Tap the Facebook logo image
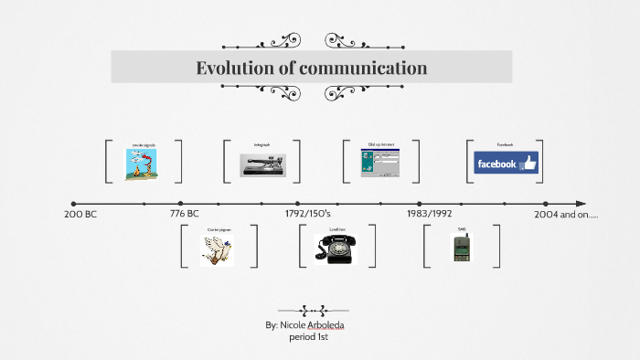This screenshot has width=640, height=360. point(506,164)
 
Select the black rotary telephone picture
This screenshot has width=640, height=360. point(335,249)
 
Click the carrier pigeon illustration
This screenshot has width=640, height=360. point(217,249)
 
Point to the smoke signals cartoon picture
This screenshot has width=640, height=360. point(144,164)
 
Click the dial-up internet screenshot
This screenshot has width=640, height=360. point(380,164)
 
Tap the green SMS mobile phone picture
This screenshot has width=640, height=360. point(461,249)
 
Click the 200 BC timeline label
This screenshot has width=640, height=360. point(80,214)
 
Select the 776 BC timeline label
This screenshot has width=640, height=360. point(185,214)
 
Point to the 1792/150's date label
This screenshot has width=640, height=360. point(308,214)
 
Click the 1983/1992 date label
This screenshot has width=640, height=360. point(430,214)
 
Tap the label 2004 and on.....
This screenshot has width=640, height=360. point(565,214)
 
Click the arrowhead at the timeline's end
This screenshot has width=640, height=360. point(582,204)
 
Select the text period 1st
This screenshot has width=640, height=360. point(308,337)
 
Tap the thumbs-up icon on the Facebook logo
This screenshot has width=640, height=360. point(528,164)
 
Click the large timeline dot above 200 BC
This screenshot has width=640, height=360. point(74,204)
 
